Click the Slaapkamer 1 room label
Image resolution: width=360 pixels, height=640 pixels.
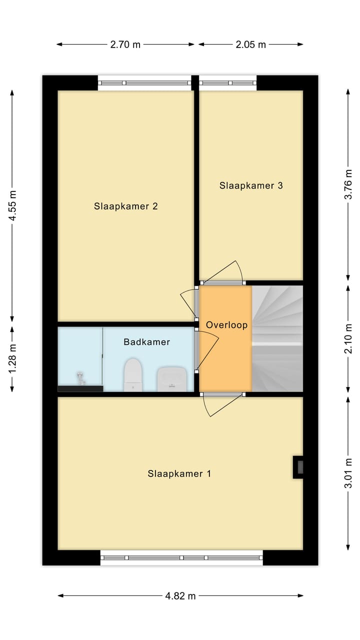pos(179,473)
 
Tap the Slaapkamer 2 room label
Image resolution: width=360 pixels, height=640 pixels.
pos(126,206)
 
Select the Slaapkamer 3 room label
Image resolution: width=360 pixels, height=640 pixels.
pos(251,185)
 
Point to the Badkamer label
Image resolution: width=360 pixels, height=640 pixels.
pos(146,342)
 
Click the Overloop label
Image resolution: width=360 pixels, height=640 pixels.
pos(226,325)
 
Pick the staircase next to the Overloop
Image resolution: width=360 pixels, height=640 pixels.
pos(277,338)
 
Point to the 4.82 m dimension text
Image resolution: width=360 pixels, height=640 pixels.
pos(180,595)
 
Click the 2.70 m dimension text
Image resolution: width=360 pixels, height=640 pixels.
pos(125,44)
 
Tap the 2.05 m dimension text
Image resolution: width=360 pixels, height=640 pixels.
pos(250,44)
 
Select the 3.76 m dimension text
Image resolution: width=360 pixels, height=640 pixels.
pos(348,185)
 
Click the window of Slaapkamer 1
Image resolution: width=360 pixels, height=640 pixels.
pos(181,557)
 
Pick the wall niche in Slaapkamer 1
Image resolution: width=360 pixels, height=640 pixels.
pos(298,467)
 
